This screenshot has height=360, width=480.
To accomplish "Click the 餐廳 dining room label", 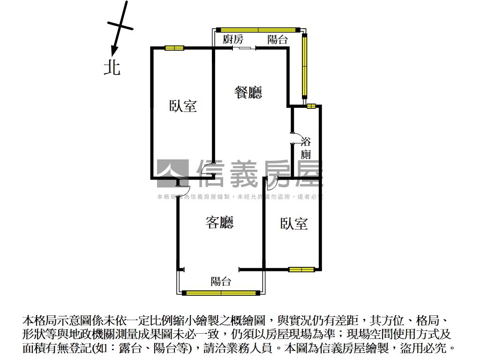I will point(248,92).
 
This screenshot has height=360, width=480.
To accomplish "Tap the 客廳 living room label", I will point(219,222).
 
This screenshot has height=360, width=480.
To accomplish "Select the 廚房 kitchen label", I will point(233,39).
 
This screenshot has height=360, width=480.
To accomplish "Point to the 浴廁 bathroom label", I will point(306,148).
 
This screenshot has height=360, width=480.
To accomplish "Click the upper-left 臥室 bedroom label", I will point(183,106).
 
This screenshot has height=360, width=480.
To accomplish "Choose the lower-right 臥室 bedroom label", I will point(294,224).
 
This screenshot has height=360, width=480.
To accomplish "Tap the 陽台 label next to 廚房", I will point(277,39).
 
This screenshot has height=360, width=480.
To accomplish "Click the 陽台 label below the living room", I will point(221,281).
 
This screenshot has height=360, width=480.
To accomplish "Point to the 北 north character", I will point(112,67).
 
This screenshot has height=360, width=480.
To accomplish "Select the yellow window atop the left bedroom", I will point(174,48).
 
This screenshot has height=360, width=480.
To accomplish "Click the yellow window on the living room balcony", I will point(221,293).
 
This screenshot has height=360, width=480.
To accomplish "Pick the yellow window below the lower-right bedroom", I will point(301,270).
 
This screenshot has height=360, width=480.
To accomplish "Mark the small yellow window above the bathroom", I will point(311,106).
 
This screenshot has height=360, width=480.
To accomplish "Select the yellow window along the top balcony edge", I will point(258,30).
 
